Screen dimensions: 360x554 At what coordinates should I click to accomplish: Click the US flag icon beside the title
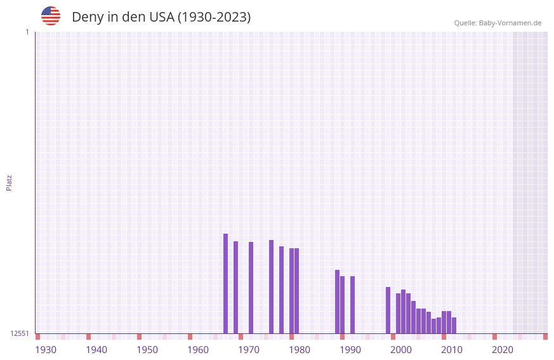(51, 16)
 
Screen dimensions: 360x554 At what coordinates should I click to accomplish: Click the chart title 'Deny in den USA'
(161, 17)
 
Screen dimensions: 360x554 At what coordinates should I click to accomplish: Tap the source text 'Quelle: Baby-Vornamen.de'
(498, 23)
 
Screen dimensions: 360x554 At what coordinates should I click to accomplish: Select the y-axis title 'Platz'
(9, 182)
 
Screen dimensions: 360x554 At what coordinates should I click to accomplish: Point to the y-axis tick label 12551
(20, 333)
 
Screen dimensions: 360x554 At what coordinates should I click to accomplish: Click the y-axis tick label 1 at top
(27, 32)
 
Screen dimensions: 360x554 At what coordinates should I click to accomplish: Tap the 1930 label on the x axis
(46, 350)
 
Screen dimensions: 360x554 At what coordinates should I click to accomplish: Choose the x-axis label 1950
(147, 350)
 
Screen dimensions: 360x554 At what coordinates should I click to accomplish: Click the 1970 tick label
(249, 350)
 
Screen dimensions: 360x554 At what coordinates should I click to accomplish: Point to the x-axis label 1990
(350, 350)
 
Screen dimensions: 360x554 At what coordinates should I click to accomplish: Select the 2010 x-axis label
(452, 350)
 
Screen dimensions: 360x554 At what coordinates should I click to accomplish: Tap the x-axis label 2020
(503, 350)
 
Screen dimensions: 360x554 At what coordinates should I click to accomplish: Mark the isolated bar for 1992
(352, 305)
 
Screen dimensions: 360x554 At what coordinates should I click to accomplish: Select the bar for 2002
(403, 311)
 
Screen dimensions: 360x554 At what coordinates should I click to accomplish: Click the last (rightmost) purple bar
(454, 325)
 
